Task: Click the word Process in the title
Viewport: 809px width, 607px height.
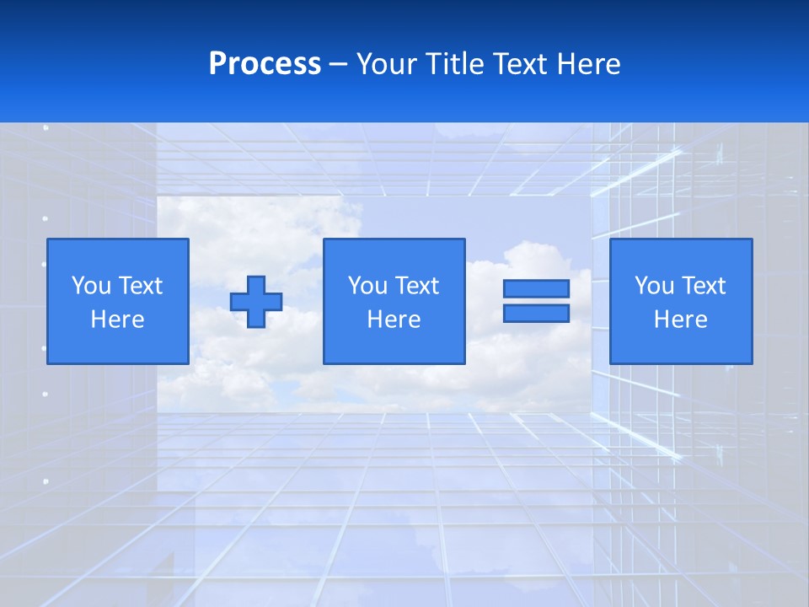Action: (265, 64)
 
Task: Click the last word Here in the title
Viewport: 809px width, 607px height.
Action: (590, 64)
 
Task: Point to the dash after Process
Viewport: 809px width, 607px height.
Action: (338, 66)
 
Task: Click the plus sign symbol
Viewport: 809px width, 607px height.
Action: (256, 302)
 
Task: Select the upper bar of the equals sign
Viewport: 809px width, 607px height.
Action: (536, 288)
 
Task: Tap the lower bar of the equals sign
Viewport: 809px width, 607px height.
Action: (536, 314)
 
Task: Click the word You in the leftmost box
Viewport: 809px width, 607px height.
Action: (91, 286)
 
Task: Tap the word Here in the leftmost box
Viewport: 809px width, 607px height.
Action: (117, 320)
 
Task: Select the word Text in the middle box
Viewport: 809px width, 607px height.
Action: (416, 286)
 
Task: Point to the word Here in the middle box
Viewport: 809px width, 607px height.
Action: (394, 320)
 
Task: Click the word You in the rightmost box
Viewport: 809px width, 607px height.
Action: (655, 286)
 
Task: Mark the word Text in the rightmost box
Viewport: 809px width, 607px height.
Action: (703, 286)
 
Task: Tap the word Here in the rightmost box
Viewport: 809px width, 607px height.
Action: (681, 320)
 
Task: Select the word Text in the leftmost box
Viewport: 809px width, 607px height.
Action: (140, 286)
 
